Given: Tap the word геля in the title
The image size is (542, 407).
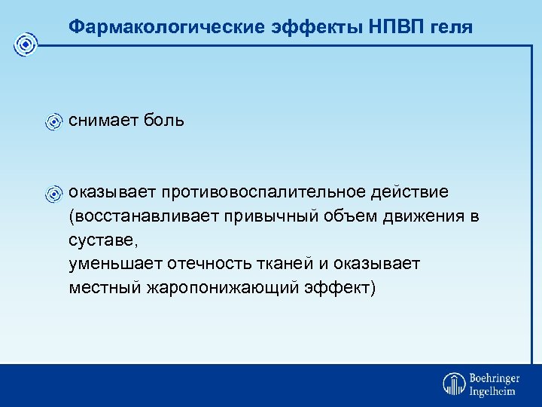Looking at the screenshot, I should [x=451, y=27].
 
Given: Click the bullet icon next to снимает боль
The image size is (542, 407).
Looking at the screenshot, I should [x=53, y=121].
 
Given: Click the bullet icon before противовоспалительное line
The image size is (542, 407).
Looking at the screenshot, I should [x=53, y=194].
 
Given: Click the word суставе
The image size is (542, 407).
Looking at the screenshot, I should [x=103, y=240].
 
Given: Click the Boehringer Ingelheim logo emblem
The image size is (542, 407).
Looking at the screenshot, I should [x=454, y=383].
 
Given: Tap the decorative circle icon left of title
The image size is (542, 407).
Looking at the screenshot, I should [x=26, y=45].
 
